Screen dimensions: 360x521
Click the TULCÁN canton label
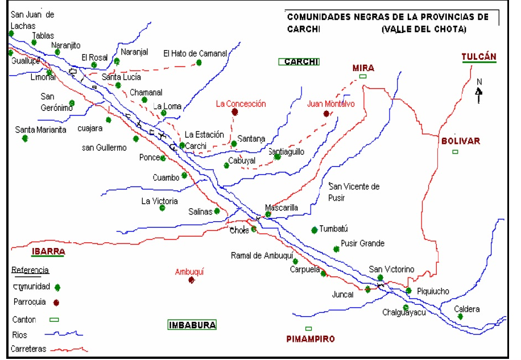(479, 57)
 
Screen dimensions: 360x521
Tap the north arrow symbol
(479, 93)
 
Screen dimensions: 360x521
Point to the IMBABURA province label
(192, 325)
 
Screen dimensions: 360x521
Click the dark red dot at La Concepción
(235, 112)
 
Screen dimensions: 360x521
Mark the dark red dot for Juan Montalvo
(326, 114)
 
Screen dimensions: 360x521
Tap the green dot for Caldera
(460, 317)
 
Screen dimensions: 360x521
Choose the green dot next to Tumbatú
(315, 230)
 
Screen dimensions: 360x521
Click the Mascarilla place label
(282, 208)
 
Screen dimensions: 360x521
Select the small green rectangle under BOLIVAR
(455, 152)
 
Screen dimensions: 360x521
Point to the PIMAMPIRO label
(310, 339)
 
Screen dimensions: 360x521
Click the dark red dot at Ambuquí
(192, 280)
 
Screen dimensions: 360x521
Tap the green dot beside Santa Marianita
(25, 138)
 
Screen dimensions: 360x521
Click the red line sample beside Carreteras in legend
(68, 349)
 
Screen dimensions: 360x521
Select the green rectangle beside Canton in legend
(54, 320)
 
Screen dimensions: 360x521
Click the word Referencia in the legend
(30, 270)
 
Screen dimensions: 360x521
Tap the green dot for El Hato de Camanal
(199, 63)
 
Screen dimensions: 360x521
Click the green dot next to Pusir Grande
(336, 249)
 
